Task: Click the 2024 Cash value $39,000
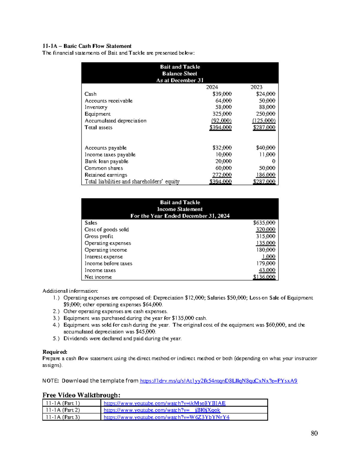coord(222,94)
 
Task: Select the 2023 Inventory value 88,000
coord(267,107)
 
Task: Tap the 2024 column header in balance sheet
coord(212,87)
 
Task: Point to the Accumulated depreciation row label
coord(115,121)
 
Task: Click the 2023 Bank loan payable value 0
coord(273,161)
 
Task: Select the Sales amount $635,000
coord(264,223)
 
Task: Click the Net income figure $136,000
coord(264,277)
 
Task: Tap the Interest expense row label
coord(103,257)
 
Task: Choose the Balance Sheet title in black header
coord(180,74)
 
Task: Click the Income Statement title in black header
coord(180,209)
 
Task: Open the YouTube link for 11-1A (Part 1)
coord(164,403)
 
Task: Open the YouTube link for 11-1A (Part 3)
coord(166,417)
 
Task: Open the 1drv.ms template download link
coord(218,381)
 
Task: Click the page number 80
coord(314,433)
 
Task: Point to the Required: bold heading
coord(55,352)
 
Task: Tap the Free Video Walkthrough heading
coord(81,395)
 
